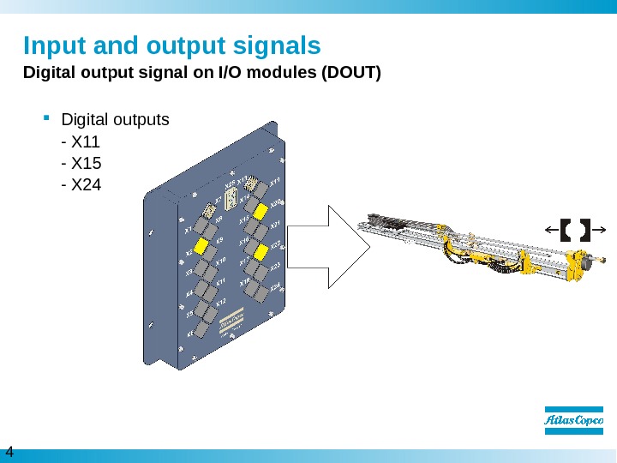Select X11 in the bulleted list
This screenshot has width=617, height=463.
coord(86,141)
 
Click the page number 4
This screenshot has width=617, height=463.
coord(9,452)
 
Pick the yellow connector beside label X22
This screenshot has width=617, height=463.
coord(261,256)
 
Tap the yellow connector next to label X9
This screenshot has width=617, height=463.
coord(203,246)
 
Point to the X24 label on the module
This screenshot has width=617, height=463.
coord(275,287)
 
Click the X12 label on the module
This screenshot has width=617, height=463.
coord(219,303)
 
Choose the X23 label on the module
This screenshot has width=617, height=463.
coord(275,267)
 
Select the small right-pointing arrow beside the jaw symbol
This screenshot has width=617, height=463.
coord(601,229)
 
